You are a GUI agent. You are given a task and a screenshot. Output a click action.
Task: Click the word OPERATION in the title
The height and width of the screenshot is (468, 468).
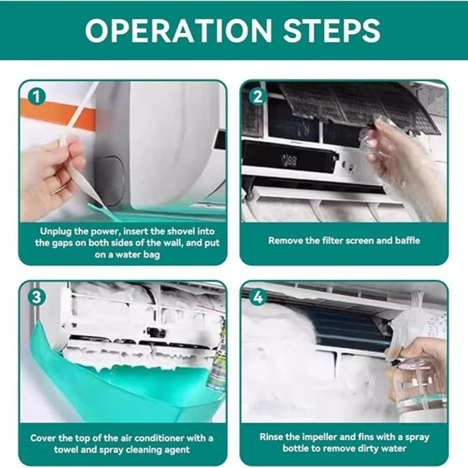(x=178, y=30)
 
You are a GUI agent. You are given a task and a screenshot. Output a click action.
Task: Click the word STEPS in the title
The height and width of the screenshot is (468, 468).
(x=331, y=30)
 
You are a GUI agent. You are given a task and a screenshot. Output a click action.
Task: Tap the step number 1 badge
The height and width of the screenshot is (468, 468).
(x=37, y=97)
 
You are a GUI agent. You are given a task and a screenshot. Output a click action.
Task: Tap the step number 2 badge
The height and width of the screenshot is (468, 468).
(x=258, y=97)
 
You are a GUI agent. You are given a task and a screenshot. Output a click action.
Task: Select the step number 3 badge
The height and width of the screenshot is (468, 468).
(x=37, y=297)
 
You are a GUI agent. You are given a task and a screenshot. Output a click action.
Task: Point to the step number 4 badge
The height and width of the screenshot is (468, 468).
(x=258, y=297)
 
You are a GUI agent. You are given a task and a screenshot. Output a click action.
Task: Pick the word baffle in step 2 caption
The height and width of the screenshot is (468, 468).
(x=408, y=241)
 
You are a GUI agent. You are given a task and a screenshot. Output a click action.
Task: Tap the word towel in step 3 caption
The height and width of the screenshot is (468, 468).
(x=66, y=450)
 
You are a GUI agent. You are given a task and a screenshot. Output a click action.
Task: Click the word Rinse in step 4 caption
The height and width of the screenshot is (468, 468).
(x=271, y=437)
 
